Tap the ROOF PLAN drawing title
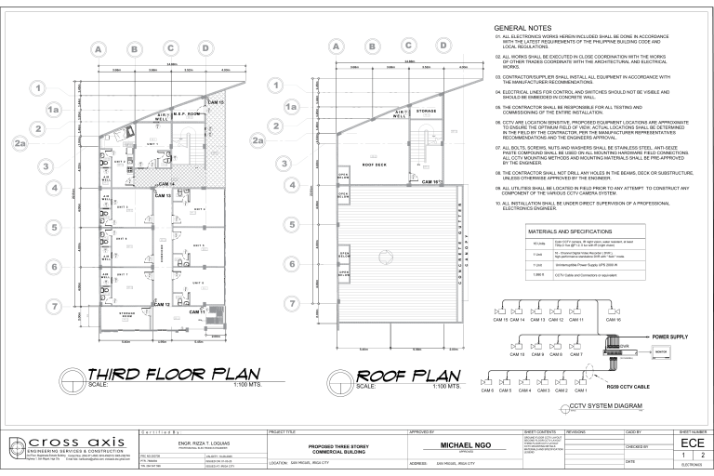409,375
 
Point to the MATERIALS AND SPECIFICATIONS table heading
569,231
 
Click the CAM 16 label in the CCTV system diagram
613,319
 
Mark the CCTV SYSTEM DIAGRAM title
605,406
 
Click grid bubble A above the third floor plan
97,48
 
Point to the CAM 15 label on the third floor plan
216,101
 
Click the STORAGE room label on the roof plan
427,111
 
